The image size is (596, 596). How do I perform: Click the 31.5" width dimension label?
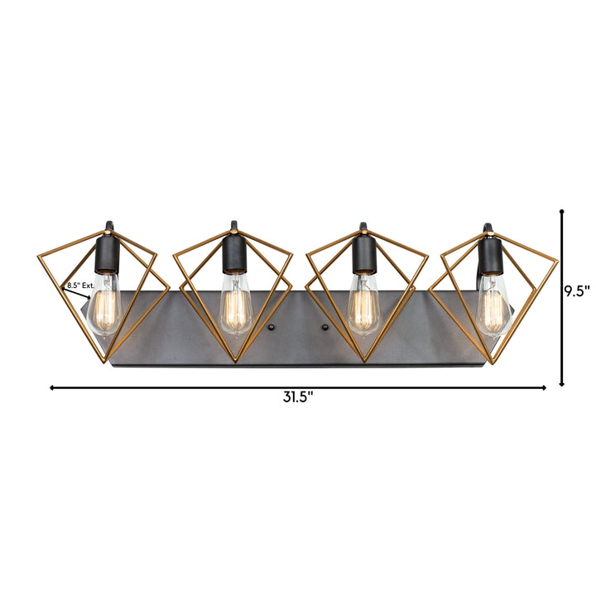298,397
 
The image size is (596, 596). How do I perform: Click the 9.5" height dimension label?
576,291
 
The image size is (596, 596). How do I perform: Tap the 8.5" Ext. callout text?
80,286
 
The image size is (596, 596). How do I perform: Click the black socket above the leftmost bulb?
107,255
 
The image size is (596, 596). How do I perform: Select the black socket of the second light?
235,254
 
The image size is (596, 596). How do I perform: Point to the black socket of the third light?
364,254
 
